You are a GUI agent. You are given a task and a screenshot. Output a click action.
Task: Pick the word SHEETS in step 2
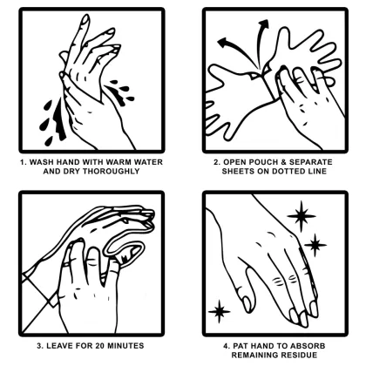[x=230, y=171]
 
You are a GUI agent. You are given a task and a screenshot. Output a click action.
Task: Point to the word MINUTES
[x=132, y=347]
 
